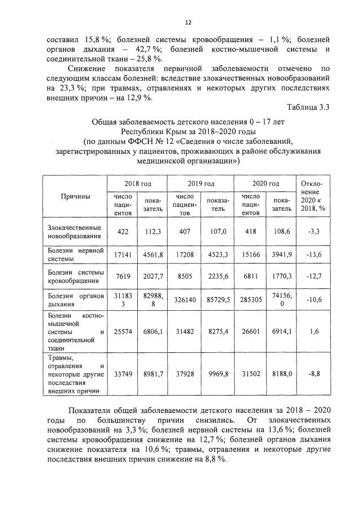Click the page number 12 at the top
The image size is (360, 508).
pos(188,22)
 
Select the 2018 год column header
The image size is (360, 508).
pos(137,184)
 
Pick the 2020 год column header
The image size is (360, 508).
pos(265,184)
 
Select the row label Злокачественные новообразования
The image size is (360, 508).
pos(74,232)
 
